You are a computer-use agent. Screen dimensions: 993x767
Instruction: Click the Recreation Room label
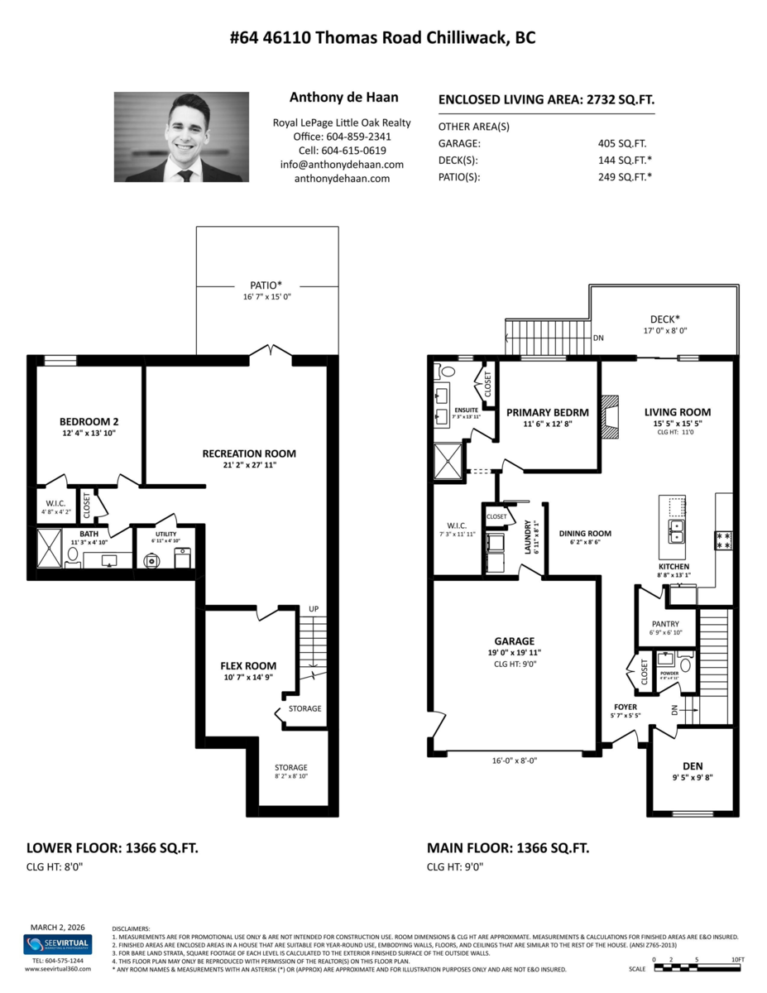pos(249,453)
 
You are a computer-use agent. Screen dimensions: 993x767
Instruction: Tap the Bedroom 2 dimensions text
pos(86,433)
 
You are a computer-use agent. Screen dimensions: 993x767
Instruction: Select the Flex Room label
pos(248,665)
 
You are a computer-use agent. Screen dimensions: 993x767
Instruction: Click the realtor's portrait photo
pos(181,137)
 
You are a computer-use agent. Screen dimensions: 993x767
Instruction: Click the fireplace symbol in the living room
pos(609,416)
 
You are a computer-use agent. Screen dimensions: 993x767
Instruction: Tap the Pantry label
pos(664,624)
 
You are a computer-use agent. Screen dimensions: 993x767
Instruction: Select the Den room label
pos(693,766)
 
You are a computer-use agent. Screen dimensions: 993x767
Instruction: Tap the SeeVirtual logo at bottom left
pos(57,944)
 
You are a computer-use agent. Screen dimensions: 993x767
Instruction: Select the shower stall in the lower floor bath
pos(49,548)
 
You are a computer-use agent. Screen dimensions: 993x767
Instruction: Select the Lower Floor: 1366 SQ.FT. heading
pos(113,848)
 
